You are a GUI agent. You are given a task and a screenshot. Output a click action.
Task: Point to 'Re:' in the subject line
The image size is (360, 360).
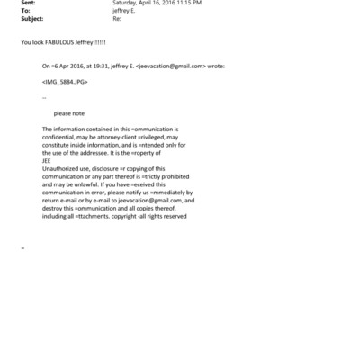pos(115,18)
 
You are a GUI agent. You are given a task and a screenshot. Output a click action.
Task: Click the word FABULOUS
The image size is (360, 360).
pos(60,42)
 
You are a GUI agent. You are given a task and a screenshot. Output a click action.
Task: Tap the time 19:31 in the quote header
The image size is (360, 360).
pos(102,67)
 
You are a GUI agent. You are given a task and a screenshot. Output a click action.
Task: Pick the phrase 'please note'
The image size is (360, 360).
pos(68,113)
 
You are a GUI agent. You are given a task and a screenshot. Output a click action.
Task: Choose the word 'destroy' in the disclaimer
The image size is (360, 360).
pos(53,207)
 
